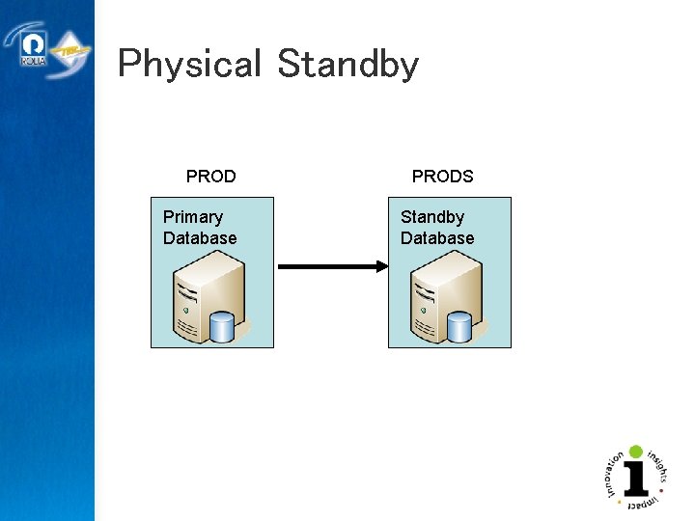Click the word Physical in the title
click(189, 65)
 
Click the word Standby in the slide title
click(347, 65)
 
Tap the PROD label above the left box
click(210, 177)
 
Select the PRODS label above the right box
click(442, 177)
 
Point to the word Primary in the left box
click(193, 217)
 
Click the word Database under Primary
click(200, 238)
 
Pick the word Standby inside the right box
click(432, 217)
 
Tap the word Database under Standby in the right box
click(437, 238)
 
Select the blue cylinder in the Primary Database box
click(222, 327)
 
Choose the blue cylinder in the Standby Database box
click(459, 327)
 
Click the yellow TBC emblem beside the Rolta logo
click(70, 51)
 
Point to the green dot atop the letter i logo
click(635, 451)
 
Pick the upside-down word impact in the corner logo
click(639, 505)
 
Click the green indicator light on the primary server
click(184, 310)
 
